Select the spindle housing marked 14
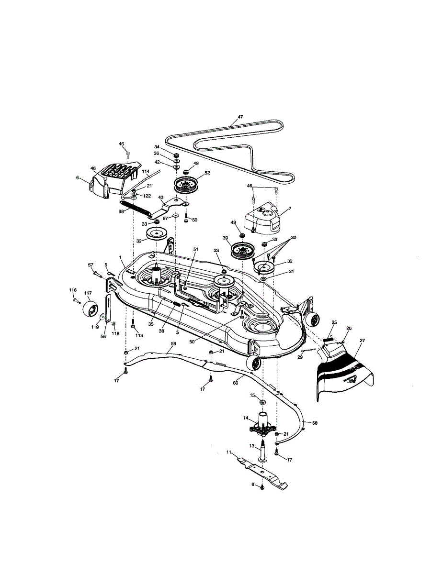click(263, 424)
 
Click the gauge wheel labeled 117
click(89, 309)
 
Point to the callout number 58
click(314, 423)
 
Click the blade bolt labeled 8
click(262, 487)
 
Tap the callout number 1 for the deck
click(120, 257)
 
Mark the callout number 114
click(146, 171)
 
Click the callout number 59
click(174, 343)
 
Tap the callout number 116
click(73, 290)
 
